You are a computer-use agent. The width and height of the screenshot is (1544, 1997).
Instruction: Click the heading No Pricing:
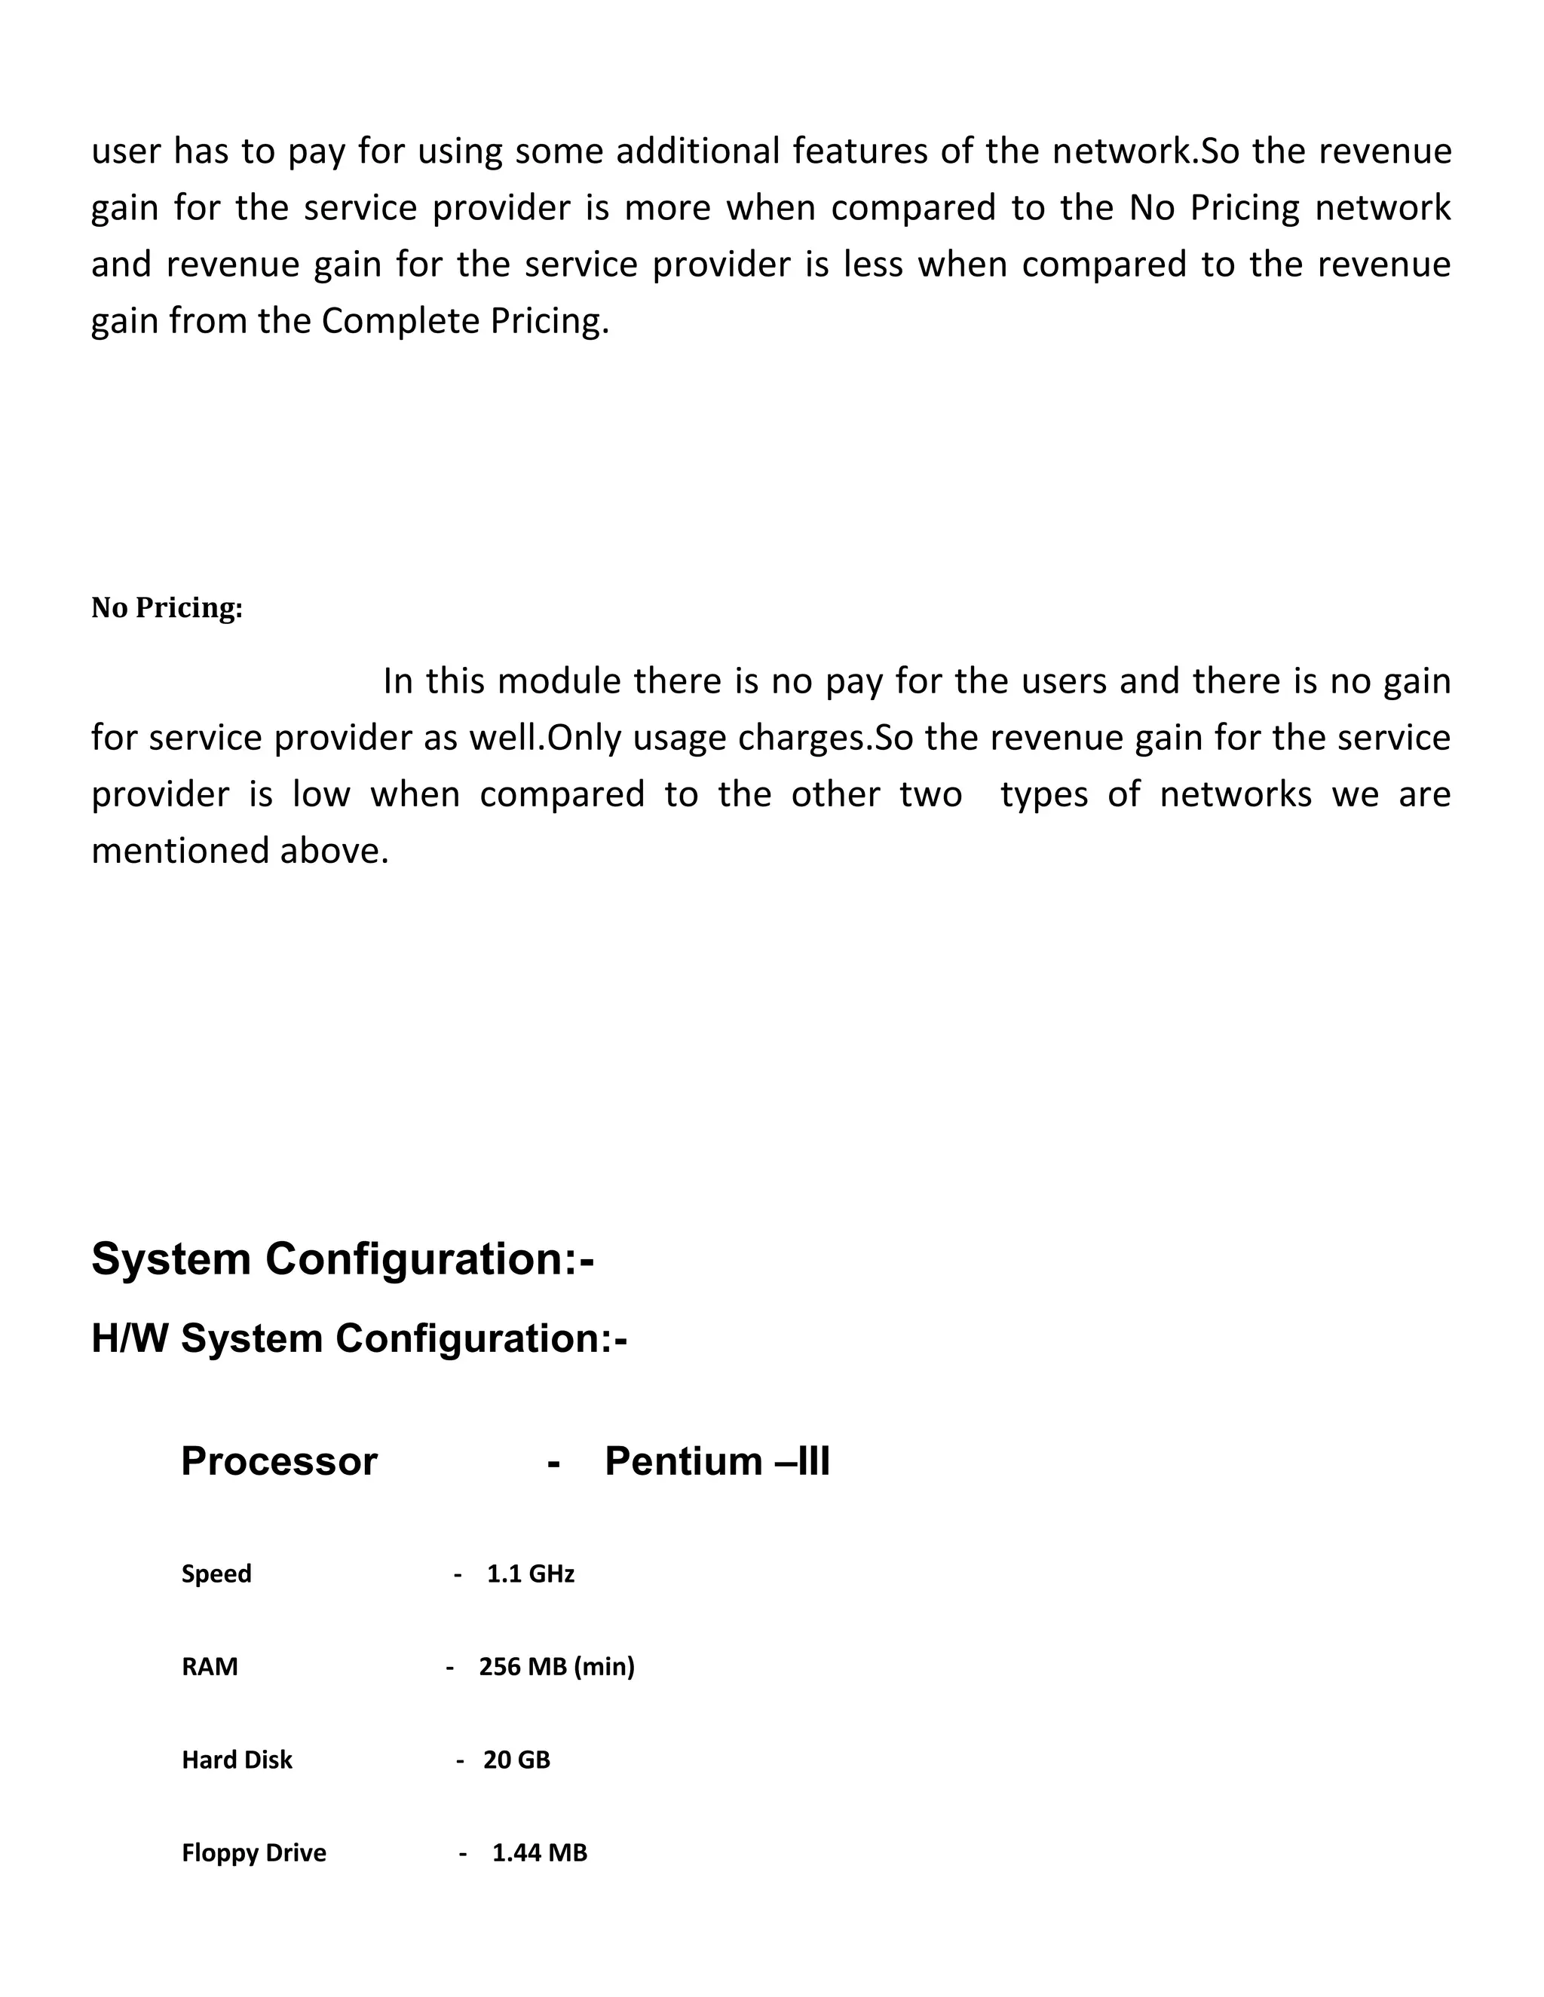click(167, 608)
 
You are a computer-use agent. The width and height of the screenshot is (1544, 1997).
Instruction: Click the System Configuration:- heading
click(343, 1259)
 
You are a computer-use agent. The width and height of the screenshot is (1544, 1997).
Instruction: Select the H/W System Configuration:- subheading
click(359, 1338)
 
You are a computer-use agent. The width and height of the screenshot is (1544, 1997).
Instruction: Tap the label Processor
click(279, 1461)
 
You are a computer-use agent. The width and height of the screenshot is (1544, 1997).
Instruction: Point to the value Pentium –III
click(717, 1461)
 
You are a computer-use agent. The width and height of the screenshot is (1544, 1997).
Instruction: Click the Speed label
click(217, 1573)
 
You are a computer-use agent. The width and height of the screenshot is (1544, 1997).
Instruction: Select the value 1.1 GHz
click(531, 1573)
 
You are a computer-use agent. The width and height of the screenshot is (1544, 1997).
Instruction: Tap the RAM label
click(210, 1667)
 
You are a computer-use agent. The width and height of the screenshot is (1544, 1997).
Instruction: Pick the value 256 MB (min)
click(556, 1667)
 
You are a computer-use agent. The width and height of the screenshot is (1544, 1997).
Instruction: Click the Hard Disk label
click(237, 1760)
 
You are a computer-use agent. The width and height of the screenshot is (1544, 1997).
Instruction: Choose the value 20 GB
click(516, 1760)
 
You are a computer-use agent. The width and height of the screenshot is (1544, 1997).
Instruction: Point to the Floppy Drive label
click(253, 1852)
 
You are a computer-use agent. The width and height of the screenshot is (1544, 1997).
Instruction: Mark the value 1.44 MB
click(540, 1852)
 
